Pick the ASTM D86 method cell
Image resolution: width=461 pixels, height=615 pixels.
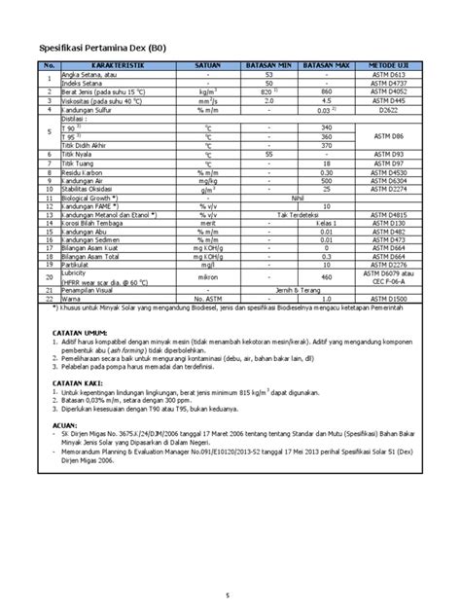click(x=389, y=136)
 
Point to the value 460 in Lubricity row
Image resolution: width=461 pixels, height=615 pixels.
click(x=326, y=276)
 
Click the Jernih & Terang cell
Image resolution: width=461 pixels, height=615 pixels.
click(x=297, y=290)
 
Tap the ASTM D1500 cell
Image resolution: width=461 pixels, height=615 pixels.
click(x=389, y=299)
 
